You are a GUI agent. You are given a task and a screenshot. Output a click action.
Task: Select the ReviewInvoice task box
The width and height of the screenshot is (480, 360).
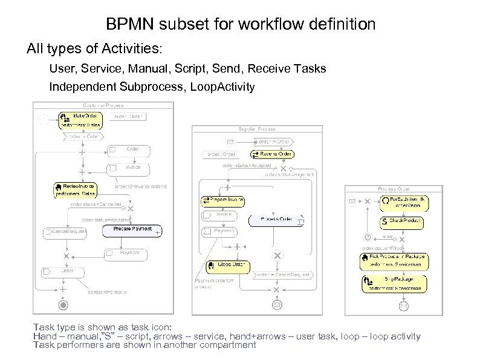coord(76,190)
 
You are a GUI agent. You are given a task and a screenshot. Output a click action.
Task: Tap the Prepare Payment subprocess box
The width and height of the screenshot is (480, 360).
coord(132,230)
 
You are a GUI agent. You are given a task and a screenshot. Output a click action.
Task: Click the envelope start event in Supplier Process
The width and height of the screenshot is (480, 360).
coord(230,142)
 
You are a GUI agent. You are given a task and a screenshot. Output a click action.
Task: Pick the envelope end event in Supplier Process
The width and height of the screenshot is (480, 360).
coord(277,305)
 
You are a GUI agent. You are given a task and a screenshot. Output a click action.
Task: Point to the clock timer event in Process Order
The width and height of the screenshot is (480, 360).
coord(367,237)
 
